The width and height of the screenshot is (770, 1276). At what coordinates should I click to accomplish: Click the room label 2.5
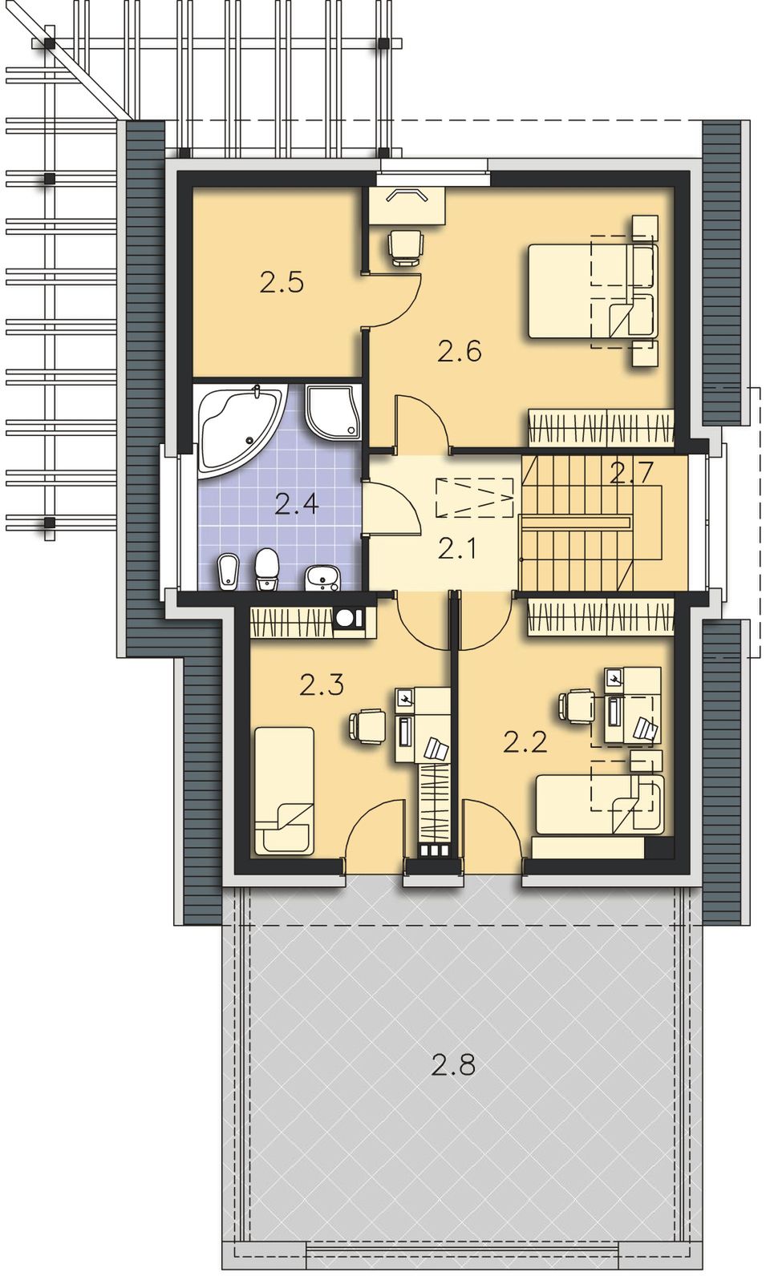click(282, 283)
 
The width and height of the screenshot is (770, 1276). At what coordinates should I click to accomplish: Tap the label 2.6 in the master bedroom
click(460, 351)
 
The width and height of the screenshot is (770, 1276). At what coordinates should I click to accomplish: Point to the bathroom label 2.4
click(297, 504)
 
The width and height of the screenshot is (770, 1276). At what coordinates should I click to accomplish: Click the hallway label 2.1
click(458, 549)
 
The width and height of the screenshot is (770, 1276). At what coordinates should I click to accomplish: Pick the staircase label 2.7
click(630, 474)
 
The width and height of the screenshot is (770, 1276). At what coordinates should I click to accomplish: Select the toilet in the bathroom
click(266, 568)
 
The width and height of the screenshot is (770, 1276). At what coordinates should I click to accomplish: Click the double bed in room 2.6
click(593, 291)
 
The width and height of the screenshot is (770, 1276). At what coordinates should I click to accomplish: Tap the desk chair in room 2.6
click(405, 247)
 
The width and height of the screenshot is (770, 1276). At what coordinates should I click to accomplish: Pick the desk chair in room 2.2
click(577, 706)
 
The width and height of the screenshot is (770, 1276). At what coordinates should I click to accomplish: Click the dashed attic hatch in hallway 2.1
click(475, 498)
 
